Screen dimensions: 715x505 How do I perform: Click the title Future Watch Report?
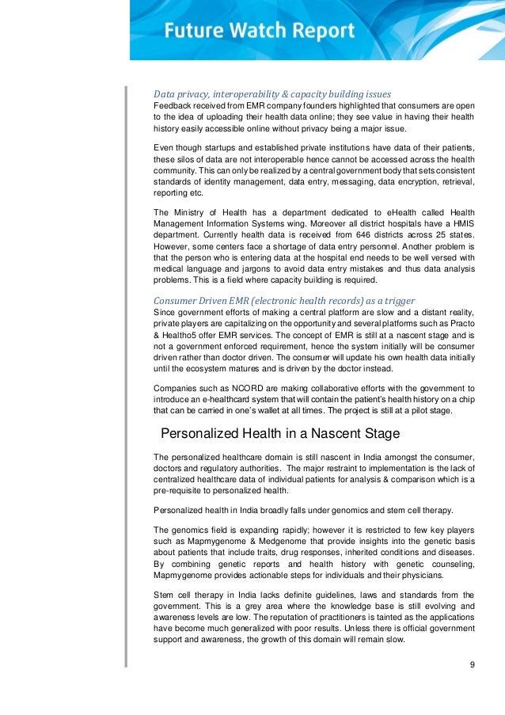(x=259, y=32)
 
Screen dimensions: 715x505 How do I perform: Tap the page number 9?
(x=472, y=664)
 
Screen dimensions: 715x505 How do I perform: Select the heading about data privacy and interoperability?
(x=272, y=93)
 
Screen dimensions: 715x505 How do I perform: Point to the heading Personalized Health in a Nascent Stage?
(x=280, y=433)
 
